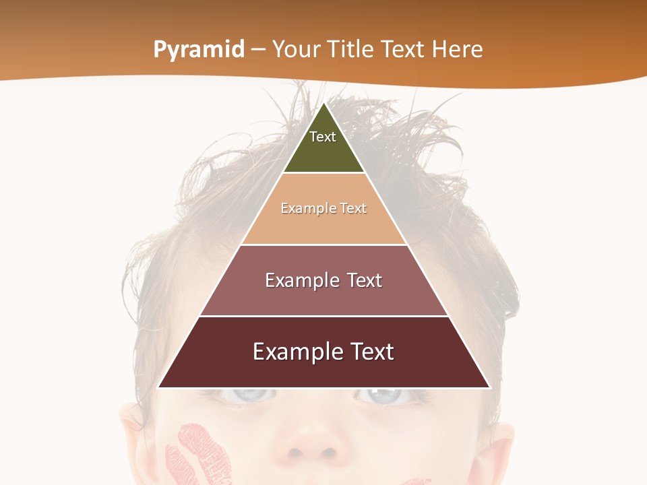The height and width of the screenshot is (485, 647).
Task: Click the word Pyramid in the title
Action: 198,50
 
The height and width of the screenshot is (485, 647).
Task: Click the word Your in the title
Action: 296,49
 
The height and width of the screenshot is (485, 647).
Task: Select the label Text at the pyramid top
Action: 322,137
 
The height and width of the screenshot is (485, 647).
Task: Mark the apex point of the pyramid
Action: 324,103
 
